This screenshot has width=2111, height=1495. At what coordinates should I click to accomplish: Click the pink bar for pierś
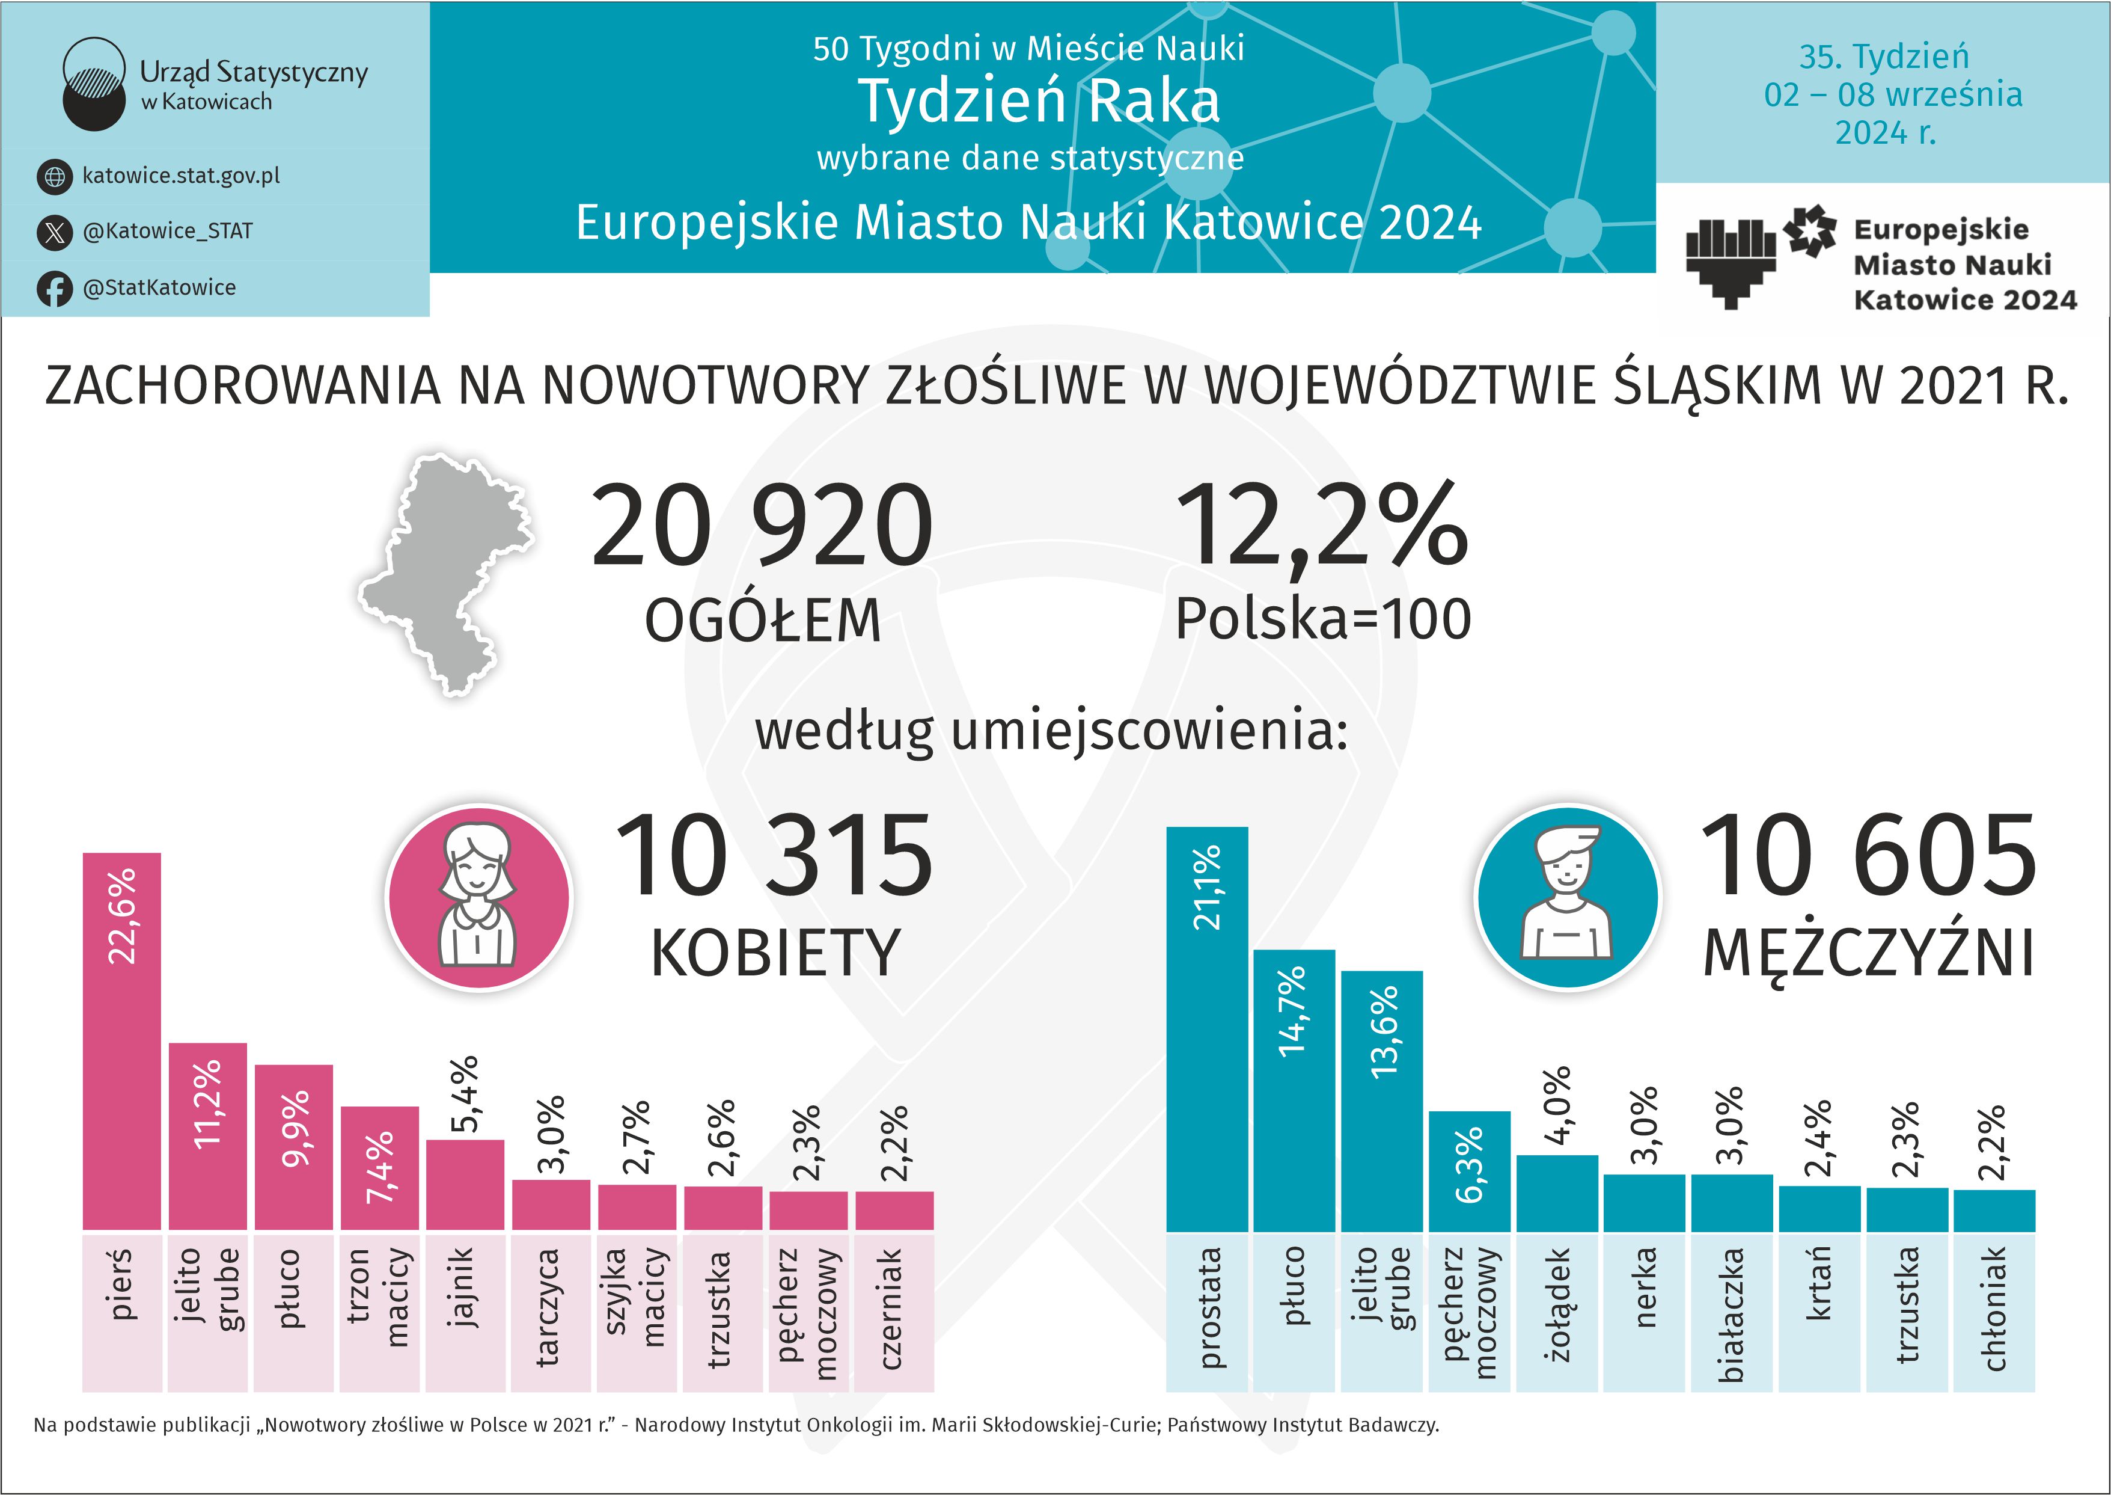pyautogui.click(x=121, y=1040)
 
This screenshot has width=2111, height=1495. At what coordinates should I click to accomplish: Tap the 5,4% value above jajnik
pyautogui.click(x=465, y=1094)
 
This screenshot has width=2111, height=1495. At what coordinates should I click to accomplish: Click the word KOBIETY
pyautogui.click(x=775, y=953)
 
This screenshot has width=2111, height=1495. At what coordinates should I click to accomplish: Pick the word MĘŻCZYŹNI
pyautogui.click(x=1868, y=953)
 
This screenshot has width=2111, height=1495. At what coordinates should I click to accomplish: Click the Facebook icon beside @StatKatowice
pyautogui.click(x=54, y=288)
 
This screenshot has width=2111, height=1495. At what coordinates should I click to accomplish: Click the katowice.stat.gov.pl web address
pyautogui.click(x=182, y=175)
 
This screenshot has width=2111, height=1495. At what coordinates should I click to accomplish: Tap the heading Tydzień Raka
pyautogui.click(x=1040, y=100)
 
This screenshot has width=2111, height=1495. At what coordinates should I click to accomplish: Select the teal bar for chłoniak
pyautogui.click(x=1993, y=1211)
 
